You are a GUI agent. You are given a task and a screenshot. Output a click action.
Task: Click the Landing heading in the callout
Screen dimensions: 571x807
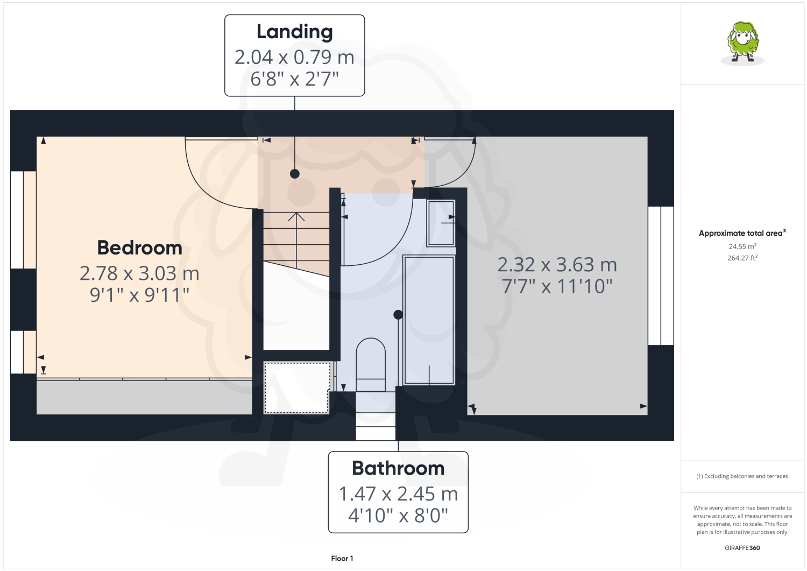(x=294, y=32)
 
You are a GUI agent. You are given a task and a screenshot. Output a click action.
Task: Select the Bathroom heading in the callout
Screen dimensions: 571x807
(x=398, y=468)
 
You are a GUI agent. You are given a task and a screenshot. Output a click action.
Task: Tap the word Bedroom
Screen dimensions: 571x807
(x=139, y=248)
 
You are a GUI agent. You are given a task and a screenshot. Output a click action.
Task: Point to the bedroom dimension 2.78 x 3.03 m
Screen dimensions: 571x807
(x=139, y=273)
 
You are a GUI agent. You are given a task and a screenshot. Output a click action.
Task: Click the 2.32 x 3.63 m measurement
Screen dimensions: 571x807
(x=557, y=265)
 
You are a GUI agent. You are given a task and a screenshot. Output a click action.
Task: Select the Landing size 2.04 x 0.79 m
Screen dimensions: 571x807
(x=294, y=57)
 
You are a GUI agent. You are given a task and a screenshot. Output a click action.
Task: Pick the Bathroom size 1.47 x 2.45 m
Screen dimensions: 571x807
(x=398, y=494)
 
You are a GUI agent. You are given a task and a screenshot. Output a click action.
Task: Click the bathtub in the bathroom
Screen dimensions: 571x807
(x=429, y=320)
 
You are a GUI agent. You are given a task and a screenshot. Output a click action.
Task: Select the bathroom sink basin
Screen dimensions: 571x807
(x=441, y=223)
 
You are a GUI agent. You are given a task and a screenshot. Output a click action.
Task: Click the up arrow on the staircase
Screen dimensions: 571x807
(x=296, y=217)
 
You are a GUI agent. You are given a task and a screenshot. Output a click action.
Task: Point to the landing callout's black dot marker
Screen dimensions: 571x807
(x=295, y=173)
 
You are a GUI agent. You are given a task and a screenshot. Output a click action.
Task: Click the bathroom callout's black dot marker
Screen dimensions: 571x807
(x=398, y=315)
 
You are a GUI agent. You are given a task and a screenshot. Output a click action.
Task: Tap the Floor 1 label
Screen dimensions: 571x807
(x=342, y=559)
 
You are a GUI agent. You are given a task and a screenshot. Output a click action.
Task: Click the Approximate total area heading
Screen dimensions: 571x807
(x=742, y=233)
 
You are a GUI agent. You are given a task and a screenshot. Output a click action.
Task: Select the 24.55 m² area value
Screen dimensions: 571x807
(x=742, y=246)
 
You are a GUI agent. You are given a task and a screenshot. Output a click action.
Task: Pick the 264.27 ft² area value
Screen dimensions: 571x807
(x=742, y=258)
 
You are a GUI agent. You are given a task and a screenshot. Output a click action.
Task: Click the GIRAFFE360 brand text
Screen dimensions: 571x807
(x=742, y=548)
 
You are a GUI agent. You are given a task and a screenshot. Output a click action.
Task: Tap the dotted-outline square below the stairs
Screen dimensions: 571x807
(x=296, y=387)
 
